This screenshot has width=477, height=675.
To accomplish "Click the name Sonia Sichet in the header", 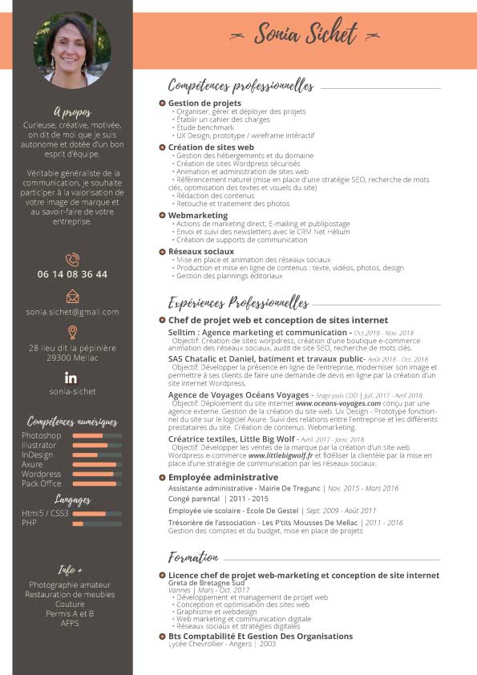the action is (x=306, y=34).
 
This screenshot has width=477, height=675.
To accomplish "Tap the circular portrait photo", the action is (x=72, y=50).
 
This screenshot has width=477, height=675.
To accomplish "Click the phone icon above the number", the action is (x=72, y=259).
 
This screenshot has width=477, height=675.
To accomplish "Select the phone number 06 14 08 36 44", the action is (x=72, y=274).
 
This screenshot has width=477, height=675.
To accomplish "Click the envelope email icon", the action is (x=72, y=296).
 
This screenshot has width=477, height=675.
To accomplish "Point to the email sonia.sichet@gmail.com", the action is (x=72, y=312).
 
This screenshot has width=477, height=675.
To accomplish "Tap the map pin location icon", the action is (x=72, y=332).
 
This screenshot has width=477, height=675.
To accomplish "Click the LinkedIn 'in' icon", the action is (x=71, y=377).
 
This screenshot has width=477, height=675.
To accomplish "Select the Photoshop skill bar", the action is (x=97, y=435).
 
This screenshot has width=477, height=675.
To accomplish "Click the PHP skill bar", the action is (x=97, y=523).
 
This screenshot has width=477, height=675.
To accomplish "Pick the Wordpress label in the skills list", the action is (x=41, y=474).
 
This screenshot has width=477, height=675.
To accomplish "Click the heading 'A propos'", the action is (x=72, y=112).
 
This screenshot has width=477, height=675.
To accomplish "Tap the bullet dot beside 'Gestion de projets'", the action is (x=162, y=103).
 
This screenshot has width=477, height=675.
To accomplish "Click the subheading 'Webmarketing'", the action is (x=198, y=216).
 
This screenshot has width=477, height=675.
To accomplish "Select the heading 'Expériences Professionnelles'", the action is (x=238, y=303).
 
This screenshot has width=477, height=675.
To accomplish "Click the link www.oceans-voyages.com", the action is (x=338, y=403).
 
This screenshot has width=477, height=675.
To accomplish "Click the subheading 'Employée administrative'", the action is (x=223, y=478).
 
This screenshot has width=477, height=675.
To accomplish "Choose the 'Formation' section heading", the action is (x=193, y=557).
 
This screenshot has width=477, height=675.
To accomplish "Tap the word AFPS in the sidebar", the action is (x=70, y=623).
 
